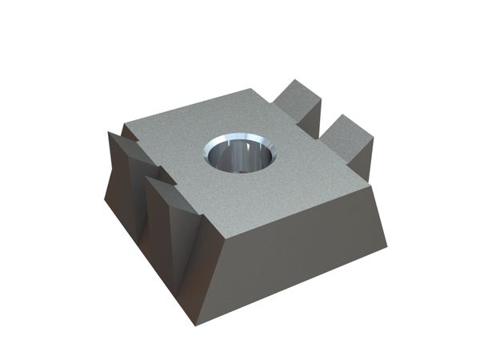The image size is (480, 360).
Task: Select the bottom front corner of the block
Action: [x=194, y=324]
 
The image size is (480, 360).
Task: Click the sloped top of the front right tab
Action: [x=346, y=124]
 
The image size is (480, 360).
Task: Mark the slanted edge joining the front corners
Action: [x=210, y=280]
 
